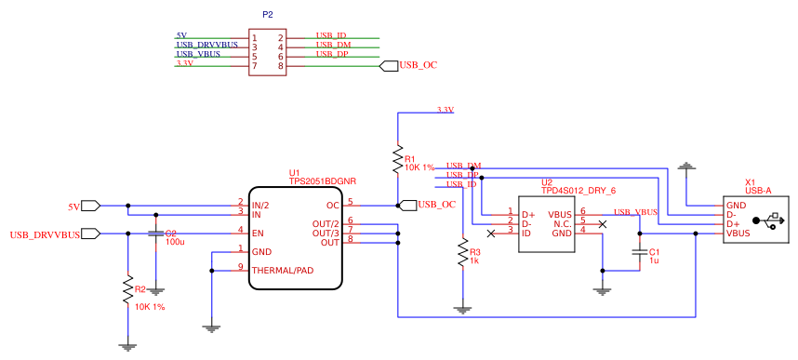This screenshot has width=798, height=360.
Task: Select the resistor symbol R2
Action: [x=128, y=290]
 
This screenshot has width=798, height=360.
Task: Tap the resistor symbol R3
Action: [x=462, y=253]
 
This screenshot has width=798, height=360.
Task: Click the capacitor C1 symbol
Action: [x=639, y=252]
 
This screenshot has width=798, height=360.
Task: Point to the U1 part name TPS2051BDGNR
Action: [x=323, y=181]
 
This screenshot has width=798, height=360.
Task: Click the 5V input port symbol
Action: [x=91, y=206]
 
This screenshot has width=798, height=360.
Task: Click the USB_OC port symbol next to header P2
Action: [x=390, y=65]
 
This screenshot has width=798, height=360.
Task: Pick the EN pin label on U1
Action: [x=259, y=232]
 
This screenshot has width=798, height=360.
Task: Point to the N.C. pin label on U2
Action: [x=562, y=223]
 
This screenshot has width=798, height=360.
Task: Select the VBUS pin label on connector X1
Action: [x=738, y=233]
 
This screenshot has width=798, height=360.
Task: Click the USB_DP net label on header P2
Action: [x=330, y=54]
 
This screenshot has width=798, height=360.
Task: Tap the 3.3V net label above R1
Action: [x=445, y=110]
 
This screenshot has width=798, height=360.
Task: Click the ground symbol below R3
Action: [x=462, y=308]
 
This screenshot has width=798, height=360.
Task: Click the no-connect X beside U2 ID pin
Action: [x=491, y=233]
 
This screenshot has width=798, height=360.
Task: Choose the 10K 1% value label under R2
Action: [x=150, y=307]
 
